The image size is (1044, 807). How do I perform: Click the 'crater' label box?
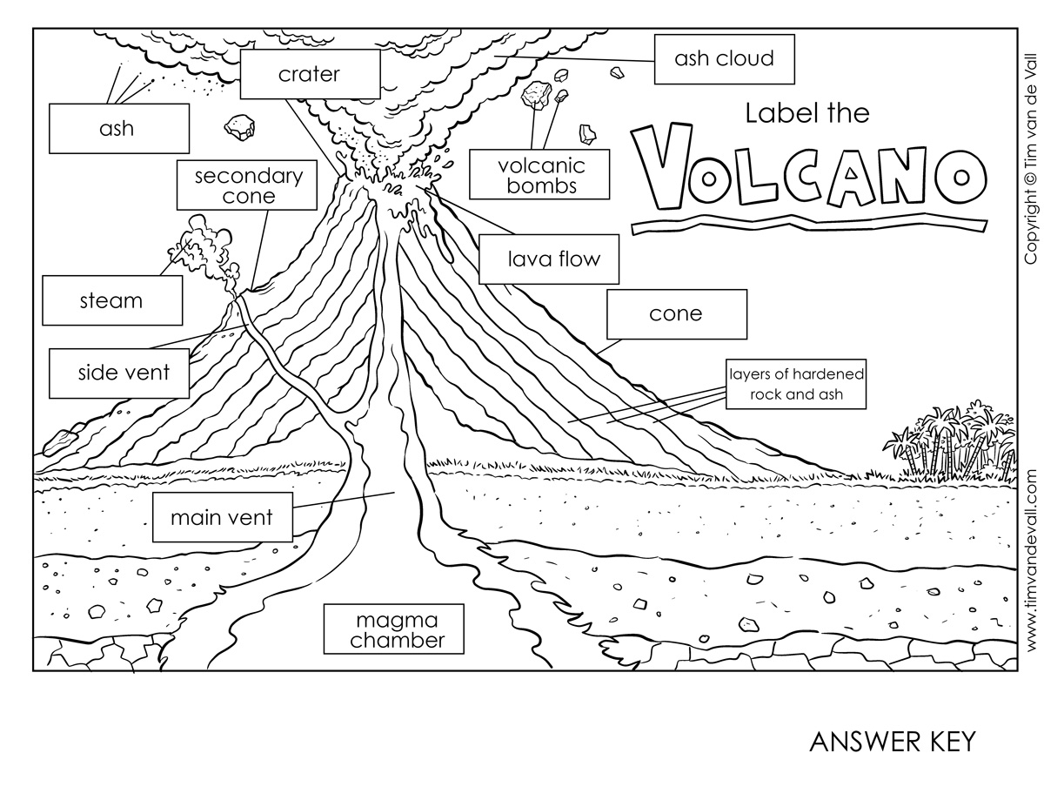pos(310,74)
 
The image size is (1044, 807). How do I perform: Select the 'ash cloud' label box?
pos(724,59)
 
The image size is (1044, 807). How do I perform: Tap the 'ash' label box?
pos(118,129)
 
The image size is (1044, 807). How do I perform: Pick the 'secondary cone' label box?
pos(248,185)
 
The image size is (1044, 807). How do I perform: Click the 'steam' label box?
pos(112,301)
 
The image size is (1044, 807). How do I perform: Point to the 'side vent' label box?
pos(123,373)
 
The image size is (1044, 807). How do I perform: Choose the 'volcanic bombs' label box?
pos(540,175)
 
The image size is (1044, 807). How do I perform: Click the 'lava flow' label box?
pos(553,259)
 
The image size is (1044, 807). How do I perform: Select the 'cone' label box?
pos(676,313)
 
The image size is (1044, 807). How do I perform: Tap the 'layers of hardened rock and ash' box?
pos(796,384)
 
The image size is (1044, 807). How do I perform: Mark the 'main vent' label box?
pos(222,518)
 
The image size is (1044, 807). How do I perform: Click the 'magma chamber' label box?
pos(392,630)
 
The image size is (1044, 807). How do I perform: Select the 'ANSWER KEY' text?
pos(893,742)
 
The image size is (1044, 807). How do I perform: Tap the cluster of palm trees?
pos(948,444)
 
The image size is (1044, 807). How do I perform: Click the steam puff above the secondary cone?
pos(204,239)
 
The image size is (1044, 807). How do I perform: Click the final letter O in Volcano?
pos(962,178)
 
